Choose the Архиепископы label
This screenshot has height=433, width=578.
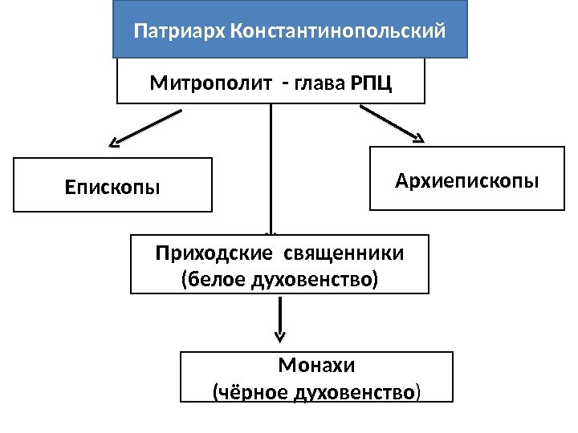pos(467,181)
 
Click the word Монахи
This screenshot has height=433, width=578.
pos(316,366)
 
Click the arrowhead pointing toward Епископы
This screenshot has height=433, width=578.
pos(116,144)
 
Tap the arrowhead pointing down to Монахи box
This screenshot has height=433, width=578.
pos(279,335)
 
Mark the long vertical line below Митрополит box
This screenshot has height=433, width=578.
pos(271,168)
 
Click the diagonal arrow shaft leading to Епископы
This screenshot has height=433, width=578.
pos(151,128)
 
